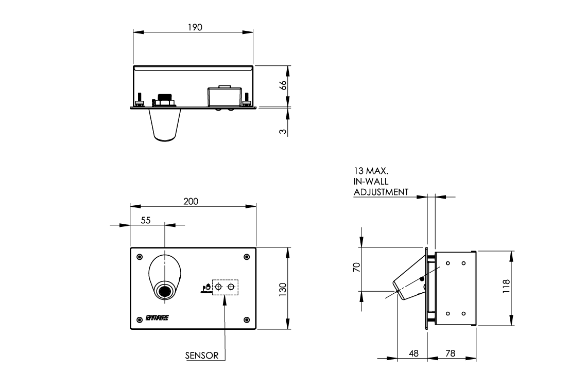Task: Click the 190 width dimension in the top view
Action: tap(195, 27)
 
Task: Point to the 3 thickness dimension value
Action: tap(282, 131)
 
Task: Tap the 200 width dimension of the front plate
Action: tap(191, 201)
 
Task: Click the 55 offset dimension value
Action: tap(145, 220)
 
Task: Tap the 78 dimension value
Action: tap(451, 353)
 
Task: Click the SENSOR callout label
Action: tap(202, 355)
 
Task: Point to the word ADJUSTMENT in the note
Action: tap(381, 192)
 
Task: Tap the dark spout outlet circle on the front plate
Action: tap(165, 291)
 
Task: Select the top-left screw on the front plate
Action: tap(139, 257)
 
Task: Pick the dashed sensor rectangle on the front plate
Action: tap(225, 287)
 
